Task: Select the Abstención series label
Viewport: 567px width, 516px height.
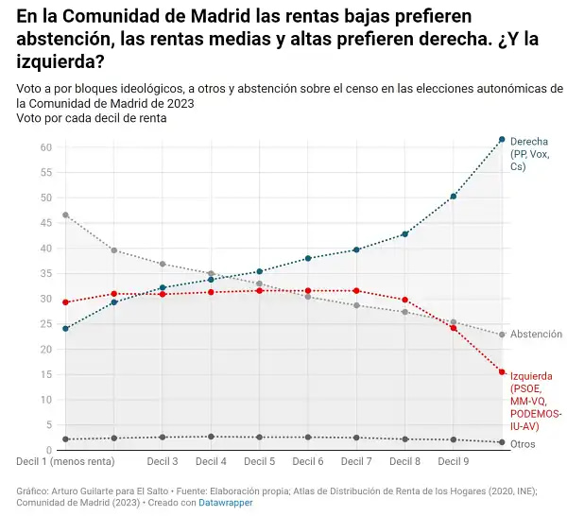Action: pos(536,335)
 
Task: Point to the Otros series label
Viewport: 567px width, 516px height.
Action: pos(523,443)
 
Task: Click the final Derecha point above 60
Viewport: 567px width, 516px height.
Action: pos(502,140)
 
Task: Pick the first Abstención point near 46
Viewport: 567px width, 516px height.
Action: pos(65,215)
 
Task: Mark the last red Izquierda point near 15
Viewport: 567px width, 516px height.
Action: pos(502,372)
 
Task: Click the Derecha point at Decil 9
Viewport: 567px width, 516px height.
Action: pos(454,197)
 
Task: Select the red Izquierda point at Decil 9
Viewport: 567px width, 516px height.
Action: pos(454,328)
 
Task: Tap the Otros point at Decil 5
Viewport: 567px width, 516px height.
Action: pos(260,438)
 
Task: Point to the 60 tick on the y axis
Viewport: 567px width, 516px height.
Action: pos(44,147)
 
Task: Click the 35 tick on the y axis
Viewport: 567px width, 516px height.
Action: pos(44,273)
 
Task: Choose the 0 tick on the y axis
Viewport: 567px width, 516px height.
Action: pos(47,450)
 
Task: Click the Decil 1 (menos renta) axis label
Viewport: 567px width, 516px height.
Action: pos(65,462)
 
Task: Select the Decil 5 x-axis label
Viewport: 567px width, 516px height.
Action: pos(260,462)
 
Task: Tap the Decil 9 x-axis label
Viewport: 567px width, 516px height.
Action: pos(454,462)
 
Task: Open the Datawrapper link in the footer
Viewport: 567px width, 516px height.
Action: pos(225,504)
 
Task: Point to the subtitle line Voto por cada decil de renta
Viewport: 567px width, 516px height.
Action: pos(92,118)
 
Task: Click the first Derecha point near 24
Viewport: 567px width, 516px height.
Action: pos(65,329)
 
